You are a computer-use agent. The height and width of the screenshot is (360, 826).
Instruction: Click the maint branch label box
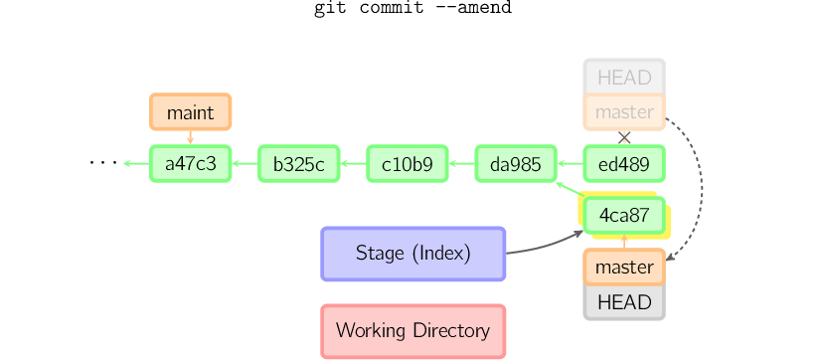point(190,112)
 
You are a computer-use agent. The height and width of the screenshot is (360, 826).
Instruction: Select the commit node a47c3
point(190,164)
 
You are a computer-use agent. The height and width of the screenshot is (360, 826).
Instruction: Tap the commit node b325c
point(298,164)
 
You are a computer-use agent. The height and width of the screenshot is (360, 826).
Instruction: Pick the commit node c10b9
point(407,164)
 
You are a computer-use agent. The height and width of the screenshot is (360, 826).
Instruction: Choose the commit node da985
point(515,164)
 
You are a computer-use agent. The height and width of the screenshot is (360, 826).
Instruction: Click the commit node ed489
point(623,164)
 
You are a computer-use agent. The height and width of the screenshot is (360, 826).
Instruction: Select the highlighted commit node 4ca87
point(623,215)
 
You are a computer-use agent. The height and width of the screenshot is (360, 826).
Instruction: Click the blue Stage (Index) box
point(413,254)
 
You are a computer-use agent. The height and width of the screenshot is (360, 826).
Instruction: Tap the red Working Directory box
point(413,330)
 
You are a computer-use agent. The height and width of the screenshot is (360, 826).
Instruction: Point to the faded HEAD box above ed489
point(623,77)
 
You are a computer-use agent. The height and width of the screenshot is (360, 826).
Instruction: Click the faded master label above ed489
point(623,112)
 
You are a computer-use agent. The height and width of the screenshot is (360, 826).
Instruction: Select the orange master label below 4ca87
point(623,267)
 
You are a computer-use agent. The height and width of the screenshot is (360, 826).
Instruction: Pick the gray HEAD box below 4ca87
point(623,302)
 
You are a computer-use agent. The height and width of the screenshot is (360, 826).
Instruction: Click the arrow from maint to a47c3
point(190,138)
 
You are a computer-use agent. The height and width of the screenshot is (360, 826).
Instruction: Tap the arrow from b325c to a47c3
point(245,164)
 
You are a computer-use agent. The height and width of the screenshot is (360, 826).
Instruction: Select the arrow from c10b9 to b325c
point(353,164)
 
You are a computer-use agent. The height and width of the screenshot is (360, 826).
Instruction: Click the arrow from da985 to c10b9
point(461,164)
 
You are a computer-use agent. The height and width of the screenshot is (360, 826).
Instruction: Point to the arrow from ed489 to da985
point(570,164)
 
